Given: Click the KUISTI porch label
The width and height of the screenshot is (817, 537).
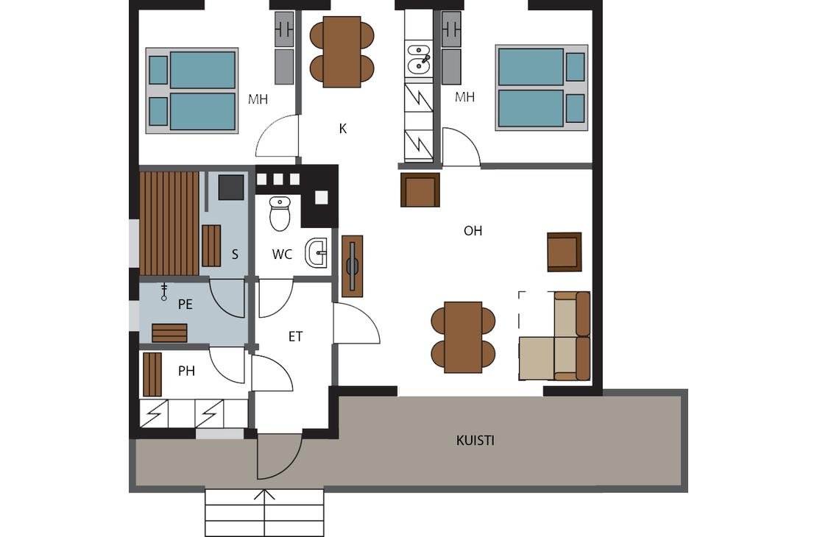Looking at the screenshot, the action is coord(475,441).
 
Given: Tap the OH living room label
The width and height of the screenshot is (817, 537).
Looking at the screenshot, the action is coord(473,231).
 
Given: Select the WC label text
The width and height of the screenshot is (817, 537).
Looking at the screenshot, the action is coord(282,255).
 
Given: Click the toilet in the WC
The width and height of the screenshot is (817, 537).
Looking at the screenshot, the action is coord(280,213).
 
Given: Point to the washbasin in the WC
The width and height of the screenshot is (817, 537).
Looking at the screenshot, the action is coord(316,252).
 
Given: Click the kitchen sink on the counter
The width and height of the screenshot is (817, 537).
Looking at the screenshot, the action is coord(418,58).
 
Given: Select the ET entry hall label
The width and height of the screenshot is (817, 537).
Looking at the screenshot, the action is coord(295,337).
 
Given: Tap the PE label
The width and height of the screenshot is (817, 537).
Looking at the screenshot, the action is coord(185,305).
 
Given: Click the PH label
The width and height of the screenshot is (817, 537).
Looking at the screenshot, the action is coord(186,371).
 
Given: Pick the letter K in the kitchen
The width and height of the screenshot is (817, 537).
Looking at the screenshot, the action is coord(343,129).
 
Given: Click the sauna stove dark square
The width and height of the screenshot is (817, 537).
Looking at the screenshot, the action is coord(231,187).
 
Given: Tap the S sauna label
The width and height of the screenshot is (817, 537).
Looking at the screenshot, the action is coord(235,255).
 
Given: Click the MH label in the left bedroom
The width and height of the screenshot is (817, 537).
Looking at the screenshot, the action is coord(258,99).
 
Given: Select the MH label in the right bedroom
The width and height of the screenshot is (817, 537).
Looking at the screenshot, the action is coord(464,97).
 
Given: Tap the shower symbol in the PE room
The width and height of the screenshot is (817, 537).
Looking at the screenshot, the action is coord(164,292).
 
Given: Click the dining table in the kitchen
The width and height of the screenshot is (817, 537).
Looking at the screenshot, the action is coord(342,51).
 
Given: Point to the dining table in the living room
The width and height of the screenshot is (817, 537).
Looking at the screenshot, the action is coord(463,337).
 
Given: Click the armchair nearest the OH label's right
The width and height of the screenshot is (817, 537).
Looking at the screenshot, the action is coord(565,252).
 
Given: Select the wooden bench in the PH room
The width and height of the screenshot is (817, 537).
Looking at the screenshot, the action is coord(152,374).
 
